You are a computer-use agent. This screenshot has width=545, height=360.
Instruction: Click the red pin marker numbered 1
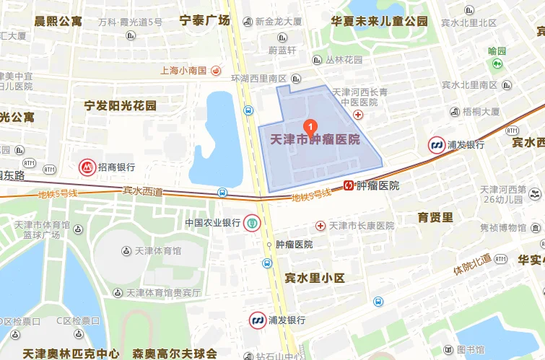[x=311, y=126]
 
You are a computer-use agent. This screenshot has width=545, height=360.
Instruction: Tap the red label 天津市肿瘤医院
[x=314, y=139]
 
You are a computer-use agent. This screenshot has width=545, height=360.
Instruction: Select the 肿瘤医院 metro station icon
[x=349, y=185]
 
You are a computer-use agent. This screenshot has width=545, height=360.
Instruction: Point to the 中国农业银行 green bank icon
[x=251, y=222]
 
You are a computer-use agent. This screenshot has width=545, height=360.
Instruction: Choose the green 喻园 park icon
[x=497, y=64]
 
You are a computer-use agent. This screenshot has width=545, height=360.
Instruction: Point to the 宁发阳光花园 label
[x=121, y=105]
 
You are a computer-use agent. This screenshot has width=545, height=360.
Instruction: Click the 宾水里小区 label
[x=315, y=278]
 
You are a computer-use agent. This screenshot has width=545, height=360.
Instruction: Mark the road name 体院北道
[x=472, y=264]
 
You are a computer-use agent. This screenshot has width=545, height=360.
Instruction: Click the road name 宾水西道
[x=143, y=190]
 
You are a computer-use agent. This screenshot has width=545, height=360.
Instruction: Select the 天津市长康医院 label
[x=362, y=226]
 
